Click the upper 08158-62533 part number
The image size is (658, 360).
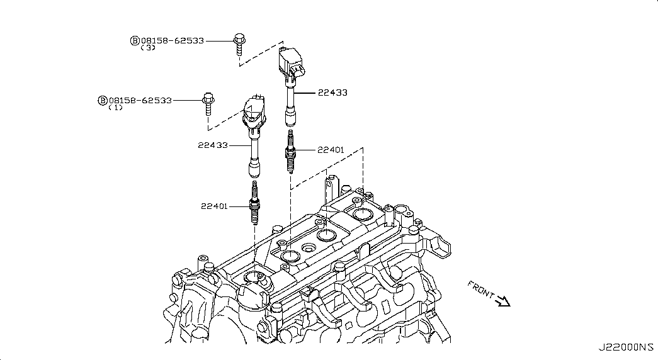pyautogui.click(x=173, y=41)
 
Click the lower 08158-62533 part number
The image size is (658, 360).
pyautogui.click(x=140, y=101)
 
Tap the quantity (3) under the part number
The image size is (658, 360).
pyautogui.click(x=148, y=48)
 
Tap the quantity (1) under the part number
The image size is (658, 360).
pyautogui.click(x=115, y=108)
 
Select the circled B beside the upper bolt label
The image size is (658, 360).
pyautogui.click(x=135, y=41)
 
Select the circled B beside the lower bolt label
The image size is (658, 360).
pyautogui.click(x=103, y=101)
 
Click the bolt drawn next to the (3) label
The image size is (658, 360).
pyautogui.click(x=239, y=44)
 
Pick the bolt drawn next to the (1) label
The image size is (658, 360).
pyautogui.click(x=208, y=104)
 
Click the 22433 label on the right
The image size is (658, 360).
pyautogui.click(x=332, y=93)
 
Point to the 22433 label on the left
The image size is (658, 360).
pyautogui.click(x=213, y=145)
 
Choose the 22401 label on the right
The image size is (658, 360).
pyautogui.click(x=331, y=150)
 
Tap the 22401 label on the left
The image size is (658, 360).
pyautogui.click(x=214, y=206)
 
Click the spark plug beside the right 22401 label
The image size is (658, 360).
pyautogui.click(x=290, y=151)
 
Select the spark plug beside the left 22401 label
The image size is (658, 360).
pyautogui.click(x=254, y=203)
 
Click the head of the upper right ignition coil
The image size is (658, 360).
pyautogui.click(x=292, y=62)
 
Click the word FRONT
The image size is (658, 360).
pyautogui.click(x=481, y=290)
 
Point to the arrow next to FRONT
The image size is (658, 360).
pyautogui.click(x=502, y=301)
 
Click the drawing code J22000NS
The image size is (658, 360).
pyautogui.click(x=626, y=347)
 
